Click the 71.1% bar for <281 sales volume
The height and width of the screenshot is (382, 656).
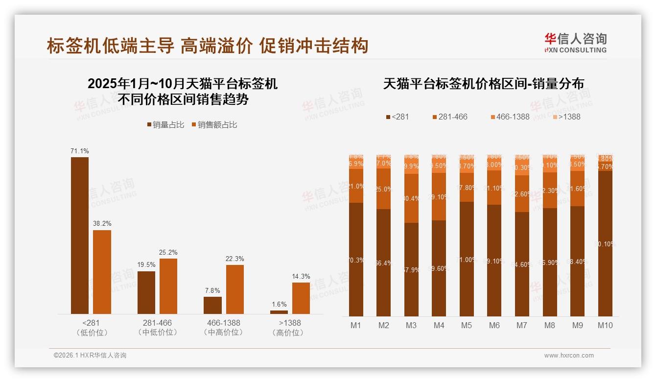tap(80, 235)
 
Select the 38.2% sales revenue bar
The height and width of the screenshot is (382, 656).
tap(102, 272)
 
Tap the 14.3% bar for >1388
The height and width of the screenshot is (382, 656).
tap(301, 298)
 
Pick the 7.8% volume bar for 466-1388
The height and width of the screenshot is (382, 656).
tap(212, 305)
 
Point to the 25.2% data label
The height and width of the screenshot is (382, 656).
tap(168, 252)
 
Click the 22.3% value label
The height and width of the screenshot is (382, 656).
tap(234, 259)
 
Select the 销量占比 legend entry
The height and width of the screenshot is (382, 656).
tap(165, 125)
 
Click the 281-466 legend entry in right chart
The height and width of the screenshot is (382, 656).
tap(450, 117)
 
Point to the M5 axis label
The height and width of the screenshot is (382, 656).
tap(467, 325)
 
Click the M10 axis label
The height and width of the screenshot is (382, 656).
tap(605, 325)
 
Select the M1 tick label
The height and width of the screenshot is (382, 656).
tap(356, 325)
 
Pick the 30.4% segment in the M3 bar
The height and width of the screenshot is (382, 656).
tap(411, 198)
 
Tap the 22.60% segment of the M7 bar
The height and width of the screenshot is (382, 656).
tap(522, 194)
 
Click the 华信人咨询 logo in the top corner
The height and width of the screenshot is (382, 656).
tap(575, 43)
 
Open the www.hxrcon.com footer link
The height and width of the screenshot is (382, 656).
tap(569, 356)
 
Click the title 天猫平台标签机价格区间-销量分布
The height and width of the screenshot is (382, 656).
tap(483, 84)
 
